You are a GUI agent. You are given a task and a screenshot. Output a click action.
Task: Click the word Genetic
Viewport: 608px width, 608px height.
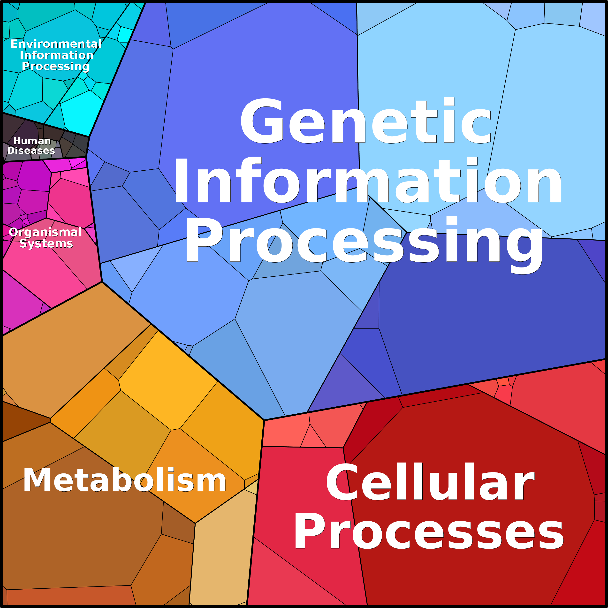tap(366, 121)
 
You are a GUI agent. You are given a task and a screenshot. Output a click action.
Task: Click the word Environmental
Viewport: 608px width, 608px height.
tap(56, 44)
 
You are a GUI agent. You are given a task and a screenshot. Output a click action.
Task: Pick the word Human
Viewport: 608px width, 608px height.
tap(32, 141)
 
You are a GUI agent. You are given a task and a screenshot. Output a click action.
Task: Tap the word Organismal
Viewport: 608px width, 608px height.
tap(45, 232)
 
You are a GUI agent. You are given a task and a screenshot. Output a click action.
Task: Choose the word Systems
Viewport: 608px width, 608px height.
tap(46, 243)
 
